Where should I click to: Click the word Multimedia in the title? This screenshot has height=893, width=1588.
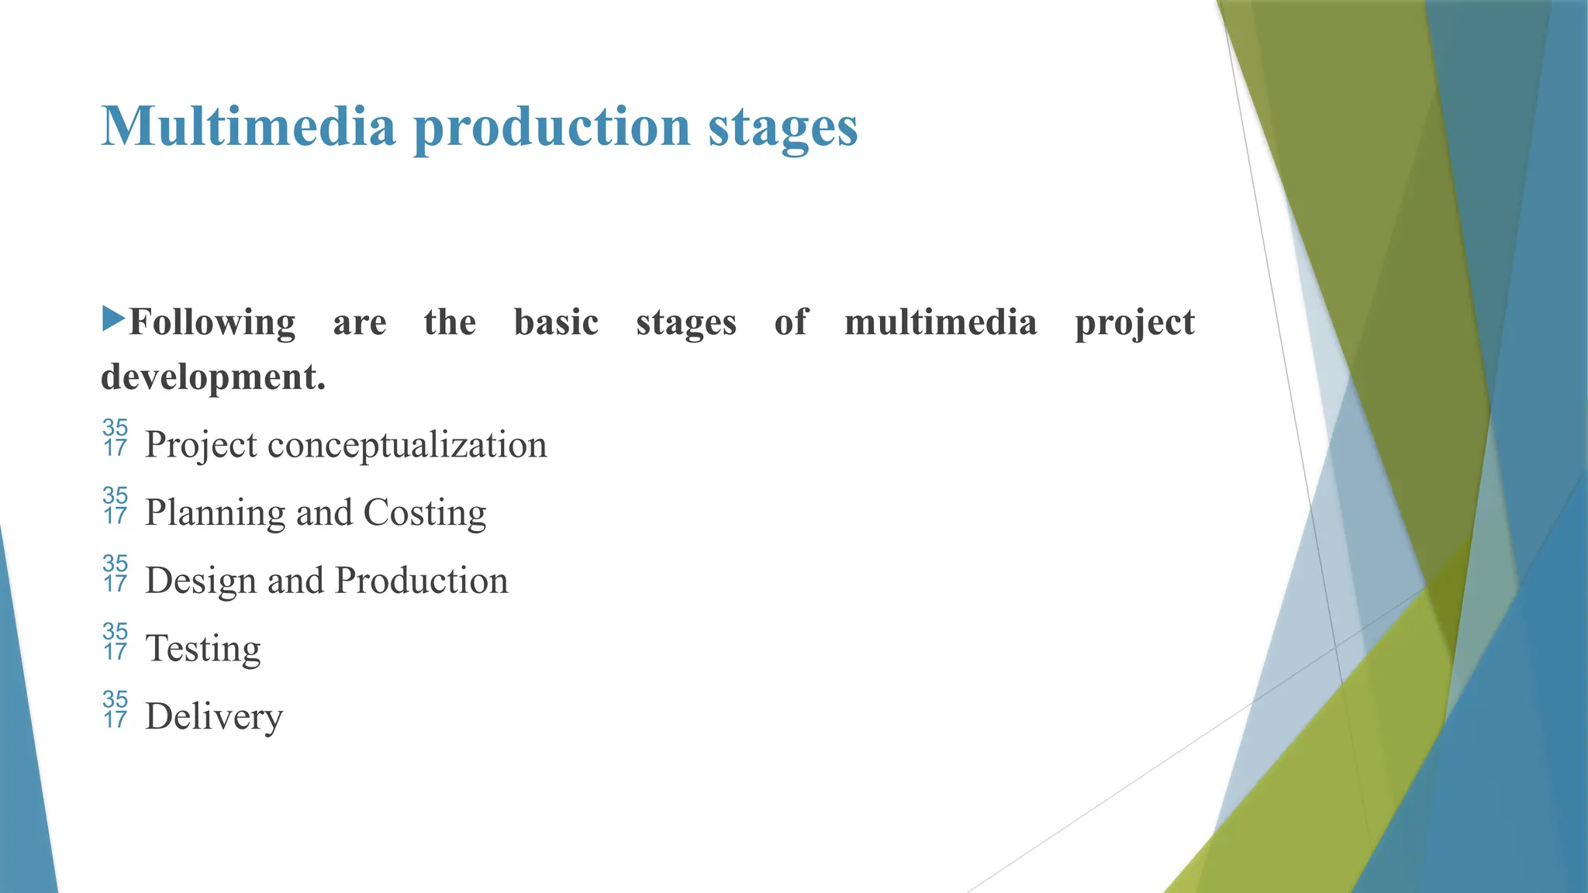pyautogui.click(x=248, y=126)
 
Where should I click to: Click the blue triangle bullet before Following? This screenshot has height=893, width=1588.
pyautogui.click(x=113, y=318)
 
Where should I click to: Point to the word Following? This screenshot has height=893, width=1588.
pyautogui.click(x=212, y=323)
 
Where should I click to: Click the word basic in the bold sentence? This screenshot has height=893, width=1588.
pyautogui.click(x=556, y=322)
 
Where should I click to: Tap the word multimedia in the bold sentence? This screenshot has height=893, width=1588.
pyautogui.click(x=940, y=322)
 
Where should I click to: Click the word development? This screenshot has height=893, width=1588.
pyautogui.click(x=212, y=378)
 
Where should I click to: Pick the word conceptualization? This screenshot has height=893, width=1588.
pyautogui.click(x=407, y=446)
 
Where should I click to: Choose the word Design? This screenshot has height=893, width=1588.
pyautogui.click(x=200, y=581)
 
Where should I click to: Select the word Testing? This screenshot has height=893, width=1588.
pyautogui.click(x=202, y=650)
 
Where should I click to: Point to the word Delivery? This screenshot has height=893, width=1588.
pyautogui.click(x=213, y=717)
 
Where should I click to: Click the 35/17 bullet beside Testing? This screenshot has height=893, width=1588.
pyautogui.click(x=115, y=642)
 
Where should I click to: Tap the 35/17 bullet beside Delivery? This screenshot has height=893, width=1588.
pyautogui.click(x=115, y=709)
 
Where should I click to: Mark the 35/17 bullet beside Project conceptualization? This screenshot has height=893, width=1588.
pyautogui.click(x=115, y=438)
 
